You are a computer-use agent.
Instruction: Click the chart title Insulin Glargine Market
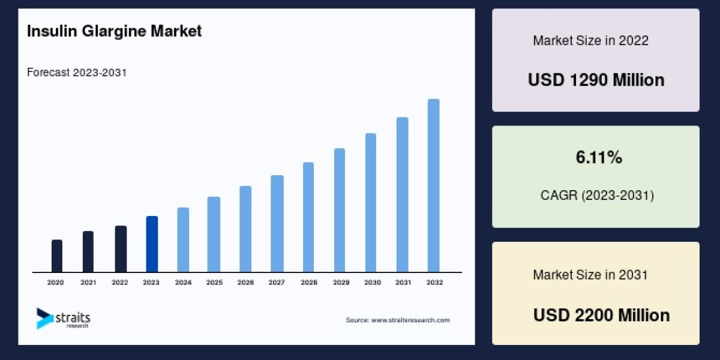click(114, 31)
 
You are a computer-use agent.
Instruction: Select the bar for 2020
click(57, 256)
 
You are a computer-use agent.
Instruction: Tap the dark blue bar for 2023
click(152, 244)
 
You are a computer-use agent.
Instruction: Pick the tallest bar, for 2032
click(433, 185)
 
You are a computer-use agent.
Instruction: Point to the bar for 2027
click(277, 224)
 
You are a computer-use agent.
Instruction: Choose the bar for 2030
click(371, 203)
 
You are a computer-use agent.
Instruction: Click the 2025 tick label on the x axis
click(214, 282)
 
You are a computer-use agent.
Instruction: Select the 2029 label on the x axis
click(339, 282)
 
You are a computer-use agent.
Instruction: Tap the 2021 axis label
click(88, 282)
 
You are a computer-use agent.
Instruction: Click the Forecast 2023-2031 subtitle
click(77, 73)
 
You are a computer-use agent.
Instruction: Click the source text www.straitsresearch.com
click(397, 320)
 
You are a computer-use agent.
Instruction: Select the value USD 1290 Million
click(596, 80)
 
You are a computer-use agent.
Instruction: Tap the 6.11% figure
click(599, 158)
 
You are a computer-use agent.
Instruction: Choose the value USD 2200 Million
click(601, 315)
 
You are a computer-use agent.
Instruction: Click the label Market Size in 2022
click(590, 41)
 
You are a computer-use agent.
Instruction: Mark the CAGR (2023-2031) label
click(597, 195)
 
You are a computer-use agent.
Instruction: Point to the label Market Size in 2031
click(590, 275)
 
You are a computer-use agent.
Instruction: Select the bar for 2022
click(121, 249)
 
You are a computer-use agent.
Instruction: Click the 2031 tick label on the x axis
click(402, 282)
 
